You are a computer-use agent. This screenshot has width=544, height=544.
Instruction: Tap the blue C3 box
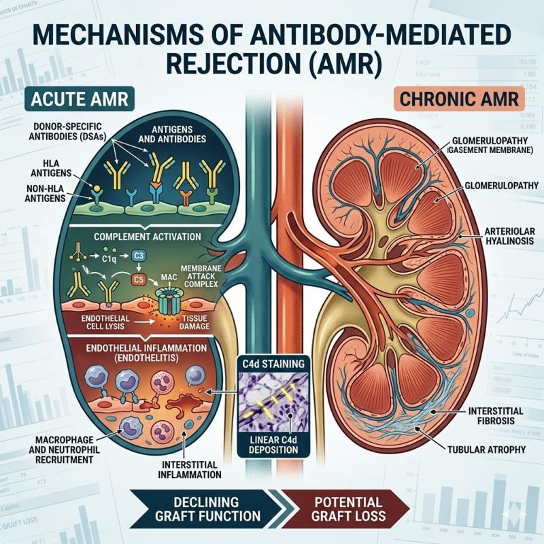point(139,255)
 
